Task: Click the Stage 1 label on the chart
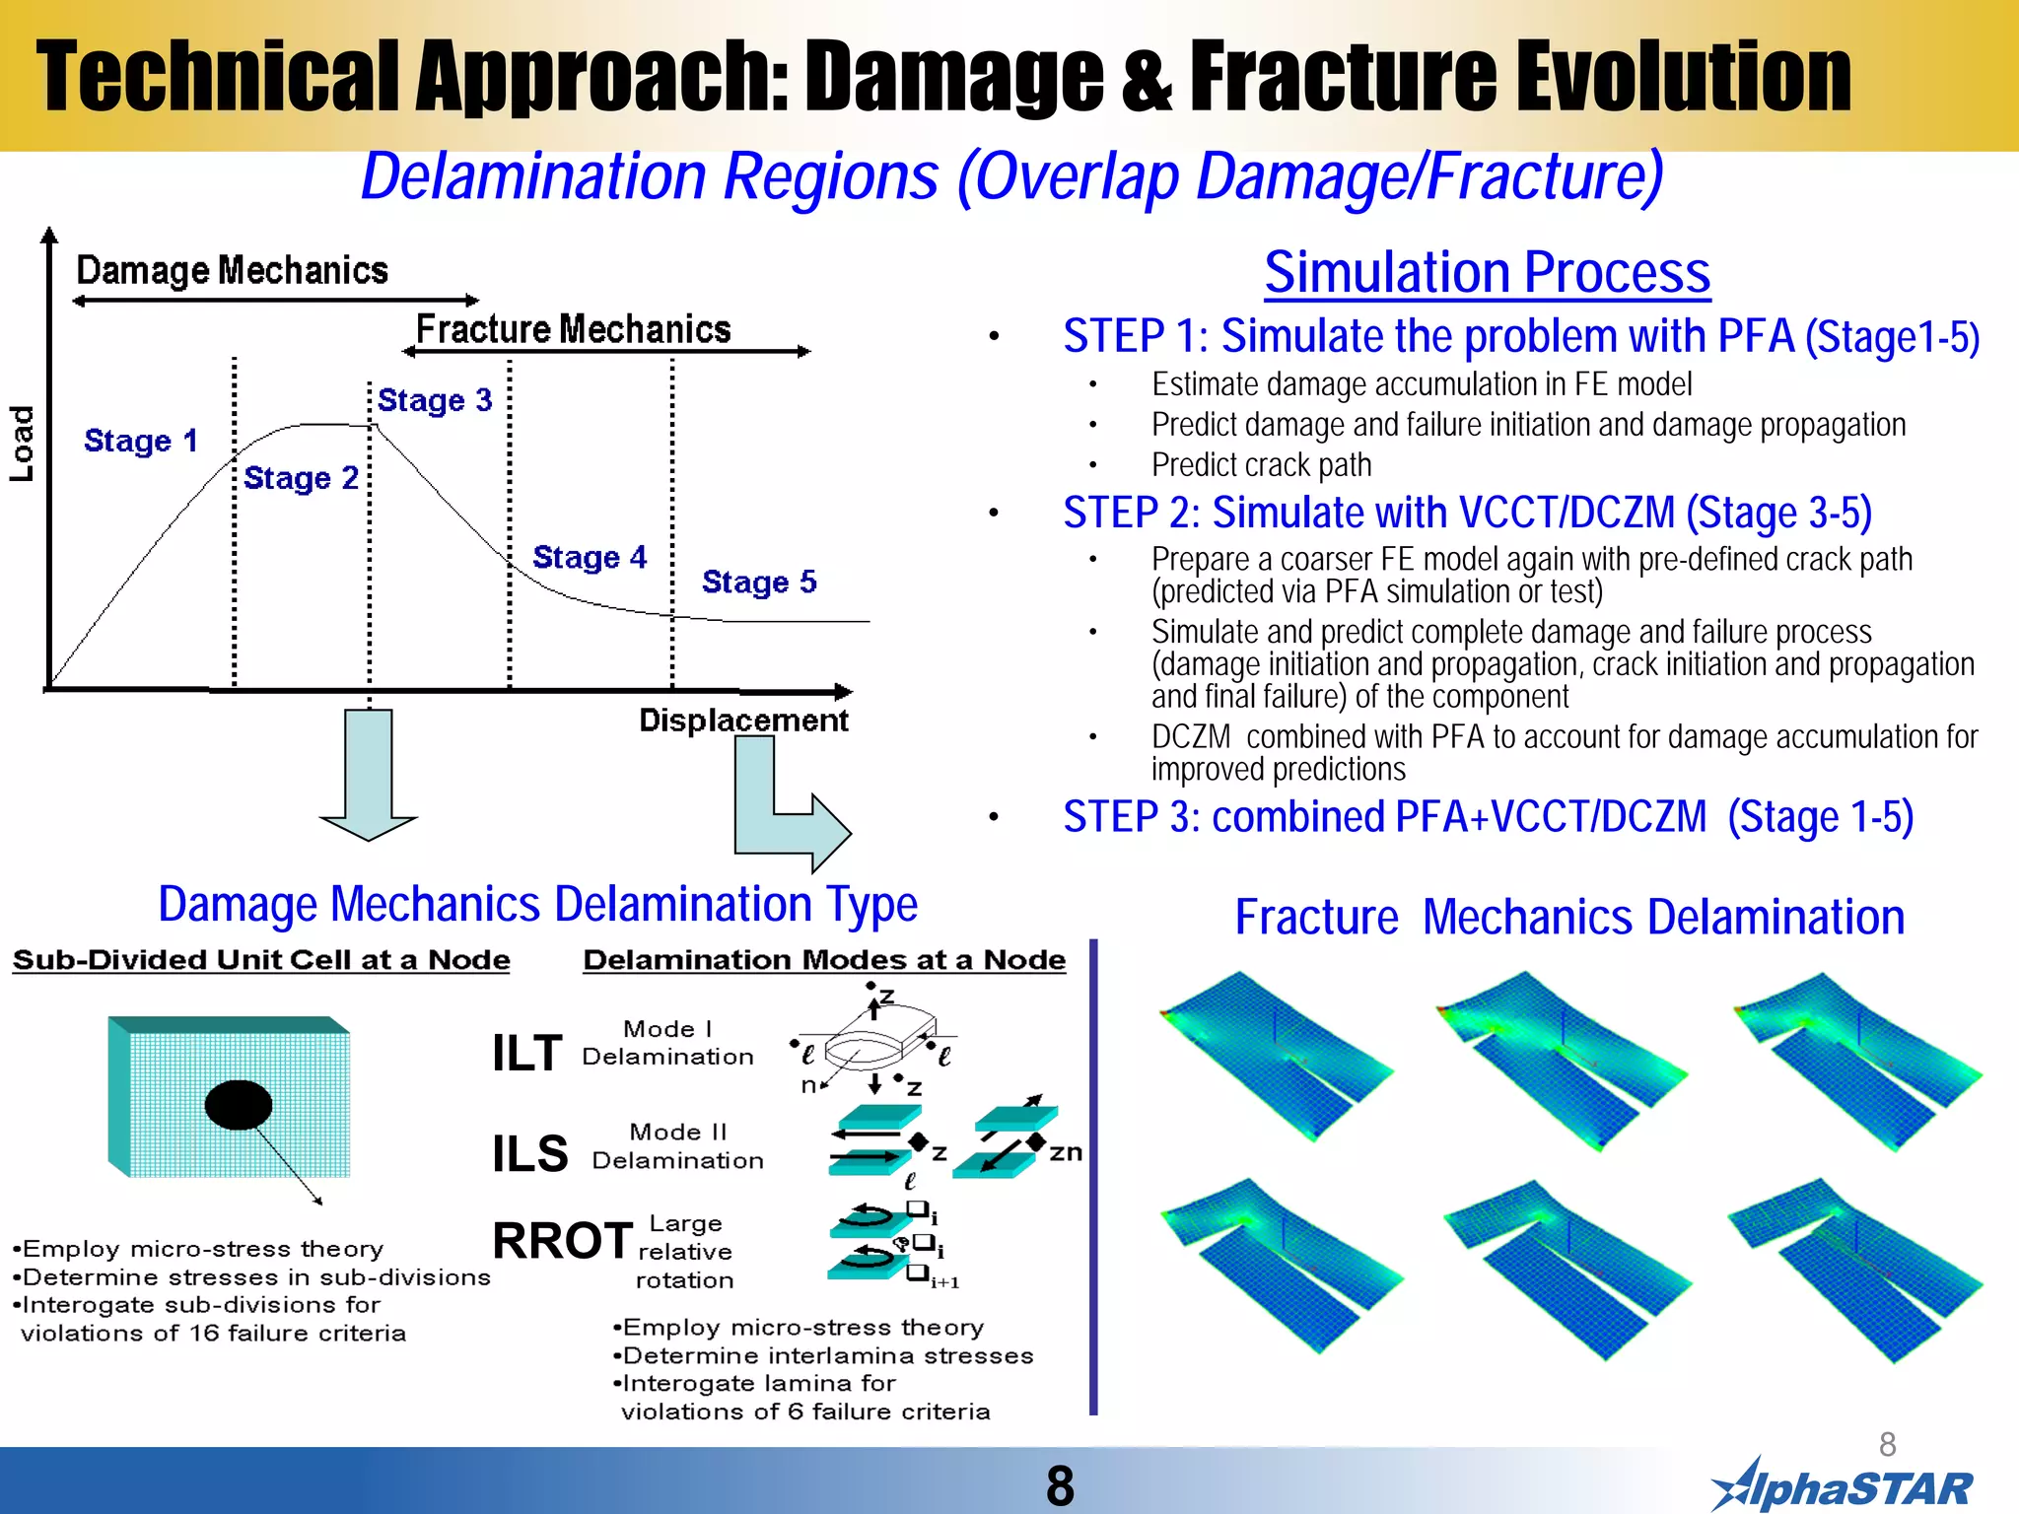[141, 441]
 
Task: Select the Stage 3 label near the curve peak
[435, 400]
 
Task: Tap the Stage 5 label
[759, 582]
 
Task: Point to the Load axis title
[22, 444]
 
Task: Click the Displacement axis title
[743, 721]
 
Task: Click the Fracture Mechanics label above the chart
[573, 329]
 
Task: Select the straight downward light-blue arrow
[369, 774]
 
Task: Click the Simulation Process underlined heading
[1487, 272]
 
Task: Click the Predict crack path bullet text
[1261, 465]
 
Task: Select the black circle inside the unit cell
[239, 1104]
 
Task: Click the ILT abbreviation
[527, 1053]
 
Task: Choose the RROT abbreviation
[562, 1240]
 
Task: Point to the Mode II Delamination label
[677, 1146]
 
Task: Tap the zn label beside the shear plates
[1065, 1152]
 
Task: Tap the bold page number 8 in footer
[1060, 1485]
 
